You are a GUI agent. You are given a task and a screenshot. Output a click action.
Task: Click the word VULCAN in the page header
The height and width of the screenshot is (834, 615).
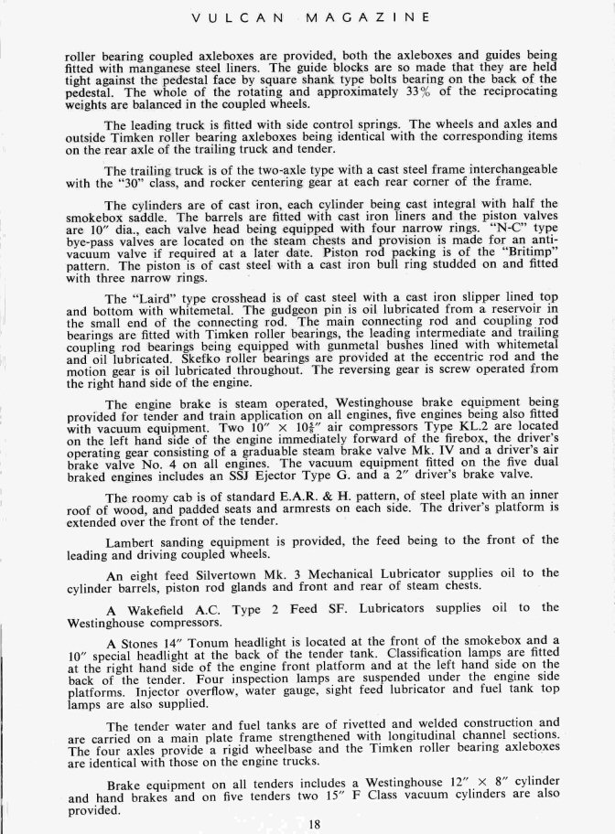pos(251,16)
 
